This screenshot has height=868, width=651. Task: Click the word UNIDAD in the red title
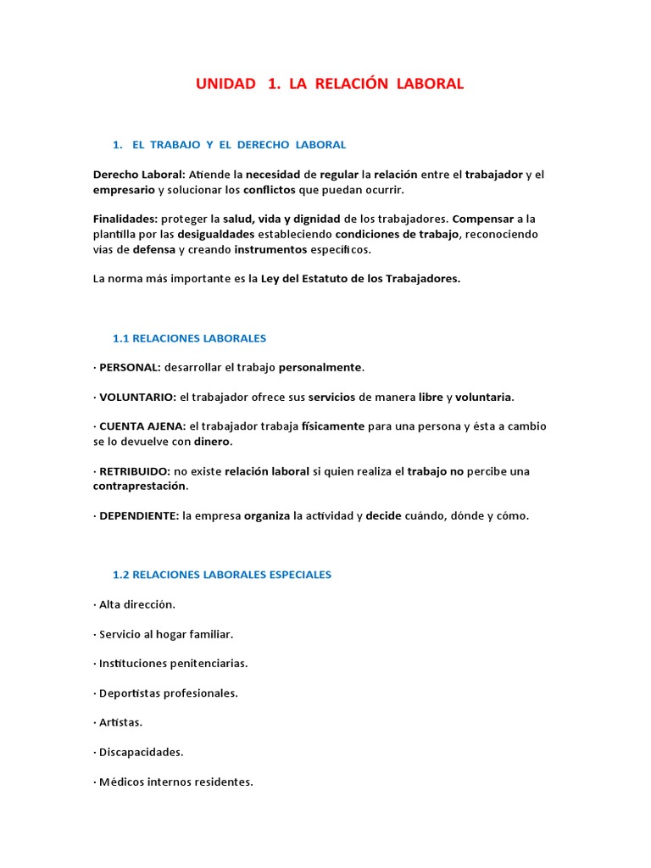tap(225, 84)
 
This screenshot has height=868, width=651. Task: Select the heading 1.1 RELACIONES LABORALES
tap(189, 338)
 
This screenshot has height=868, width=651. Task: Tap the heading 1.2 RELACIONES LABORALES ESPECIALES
tap(221, 575)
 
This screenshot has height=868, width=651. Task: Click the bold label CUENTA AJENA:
tap(142, 426)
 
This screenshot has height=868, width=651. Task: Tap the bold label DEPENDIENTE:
tap(139, 515)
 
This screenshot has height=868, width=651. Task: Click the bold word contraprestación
tap(140, 486)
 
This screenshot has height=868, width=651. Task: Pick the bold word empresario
tap(124, 190)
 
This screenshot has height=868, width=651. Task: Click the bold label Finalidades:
tap(125, 220)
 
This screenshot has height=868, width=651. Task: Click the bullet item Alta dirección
tap(137, 604)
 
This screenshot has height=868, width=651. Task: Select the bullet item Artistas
tap(120, 722)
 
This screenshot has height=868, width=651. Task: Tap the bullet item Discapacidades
tap(141, 752)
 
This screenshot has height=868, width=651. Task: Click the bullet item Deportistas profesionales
tap(169, 693)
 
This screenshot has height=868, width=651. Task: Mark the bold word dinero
tap(212, 442)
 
